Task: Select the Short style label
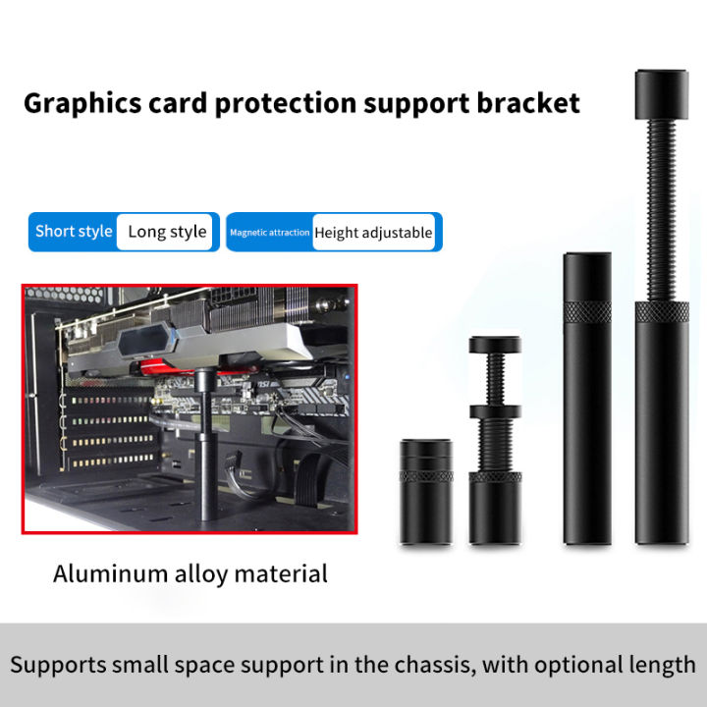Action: (x=74, y=232)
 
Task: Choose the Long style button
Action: (x=167, y=232)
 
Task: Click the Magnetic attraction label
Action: (x=270, y=233)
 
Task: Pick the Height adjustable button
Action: (x=373, y=233)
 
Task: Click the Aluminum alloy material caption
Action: (x=190, y=573)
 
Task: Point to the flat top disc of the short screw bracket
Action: (x=500, y=344)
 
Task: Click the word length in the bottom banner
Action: (x=660, y=665)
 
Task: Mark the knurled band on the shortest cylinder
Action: (x=424, y=476)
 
